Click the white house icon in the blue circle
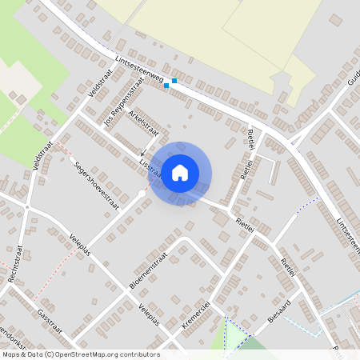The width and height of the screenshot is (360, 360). pos(180,172)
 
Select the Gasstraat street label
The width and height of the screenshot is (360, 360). pos(50,325)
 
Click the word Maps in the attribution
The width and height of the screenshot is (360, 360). pos(11,354)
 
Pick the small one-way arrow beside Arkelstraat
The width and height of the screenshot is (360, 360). pos(142,155)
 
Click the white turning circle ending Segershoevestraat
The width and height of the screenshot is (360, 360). pos(142,194)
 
